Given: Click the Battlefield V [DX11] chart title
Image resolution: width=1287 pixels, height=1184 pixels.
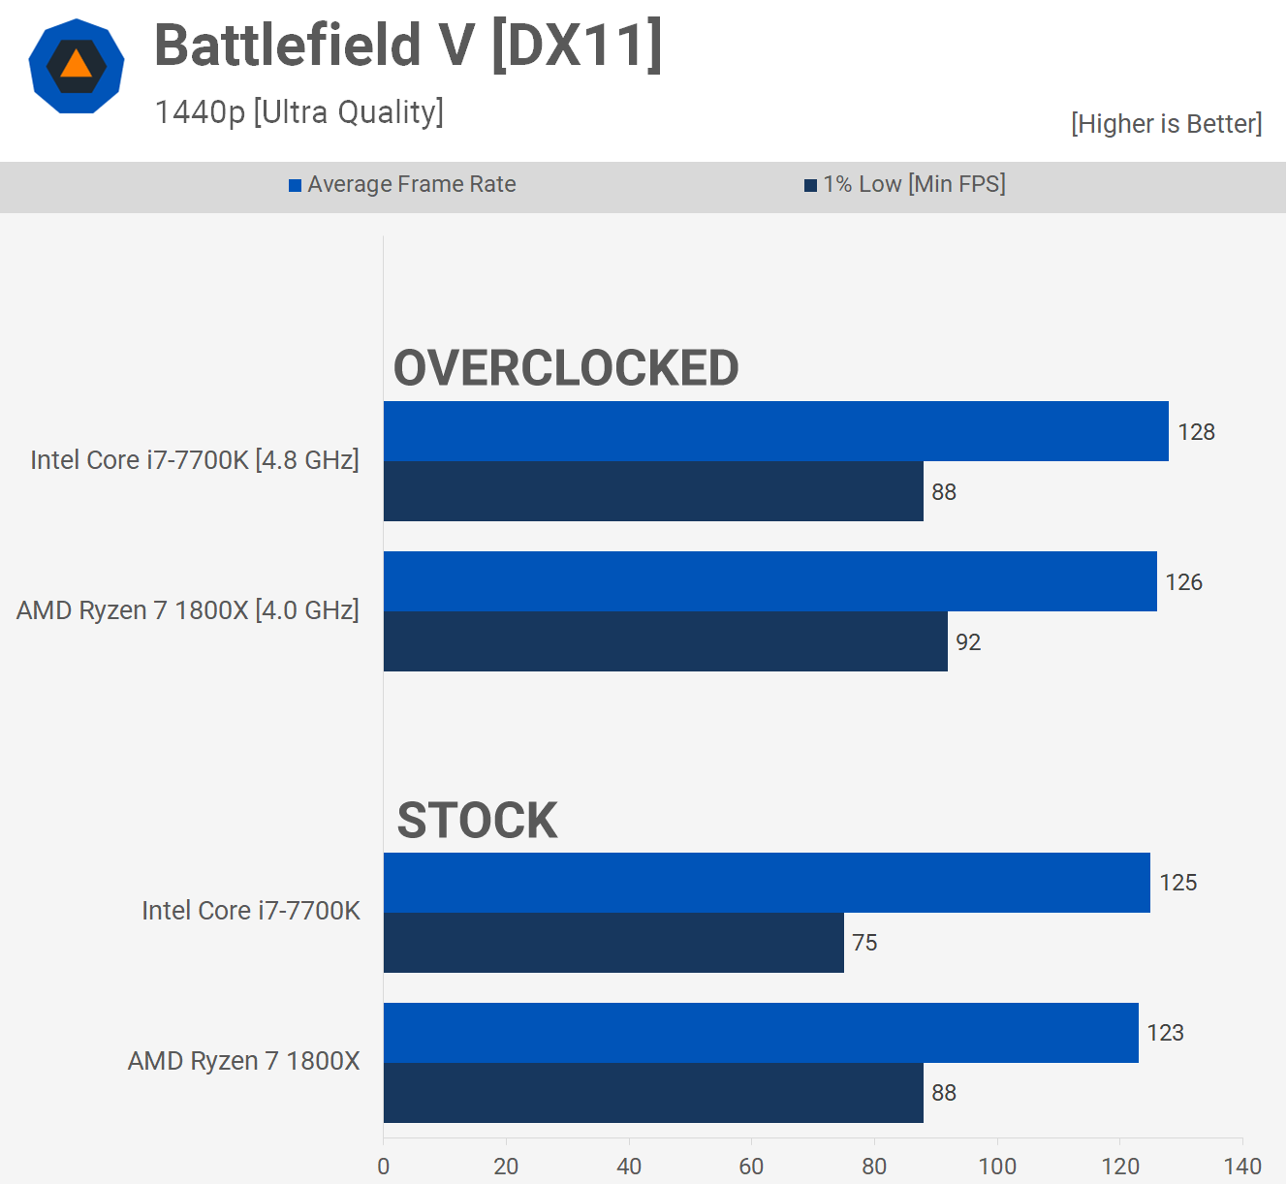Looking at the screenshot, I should pyautogui.click(x=408, y=46).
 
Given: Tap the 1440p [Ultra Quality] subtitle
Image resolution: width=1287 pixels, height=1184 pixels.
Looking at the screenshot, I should pyautogui.click(x=298, y=112).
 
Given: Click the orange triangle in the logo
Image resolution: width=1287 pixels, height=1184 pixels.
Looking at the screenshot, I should pyautogui.click(x=76, y=66).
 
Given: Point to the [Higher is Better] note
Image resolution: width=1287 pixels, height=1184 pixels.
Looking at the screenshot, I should pyautogui.click(x=1166, y=124).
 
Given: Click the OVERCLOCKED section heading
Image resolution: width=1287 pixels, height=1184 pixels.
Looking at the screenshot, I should pyautogui.click(x=566, y=368).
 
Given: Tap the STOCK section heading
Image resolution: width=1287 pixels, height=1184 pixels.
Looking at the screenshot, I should pyautogui.click(x=477, y=821).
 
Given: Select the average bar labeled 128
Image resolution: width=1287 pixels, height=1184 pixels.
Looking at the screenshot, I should pyautogui.click(x=775, y=431).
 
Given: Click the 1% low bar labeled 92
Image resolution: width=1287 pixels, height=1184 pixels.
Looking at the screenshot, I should pyautogui.click(x=665, y=641).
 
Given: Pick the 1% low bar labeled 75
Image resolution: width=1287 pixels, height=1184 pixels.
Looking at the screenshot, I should pyautogui.click(x=613, y=943).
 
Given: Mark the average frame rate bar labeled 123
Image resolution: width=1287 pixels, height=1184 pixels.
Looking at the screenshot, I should pyautogui.click(x=761, y=1033).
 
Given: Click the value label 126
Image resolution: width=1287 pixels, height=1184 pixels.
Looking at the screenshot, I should pyautogui.click(x=1183, y=582).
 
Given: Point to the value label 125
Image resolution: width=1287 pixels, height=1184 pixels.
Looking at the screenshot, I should pyautogui.click(x=1178, y=883).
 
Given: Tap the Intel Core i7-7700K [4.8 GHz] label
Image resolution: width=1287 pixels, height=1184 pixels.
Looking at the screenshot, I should pyautogui.click(x=195, y=460).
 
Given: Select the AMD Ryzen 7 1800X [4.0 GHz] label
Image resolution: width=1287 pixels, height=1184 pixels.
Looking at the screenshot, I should pyautogui.click(x=188, y=610).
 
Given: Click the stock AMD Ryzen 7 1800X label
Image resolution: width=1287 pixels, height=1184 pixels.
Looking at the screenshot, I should pyautogui.click(x=244, y=1061).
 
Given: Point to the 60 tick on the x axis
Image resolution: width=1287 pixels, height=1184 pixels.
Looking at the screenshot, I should pyautogui.click(x=751, y=1167).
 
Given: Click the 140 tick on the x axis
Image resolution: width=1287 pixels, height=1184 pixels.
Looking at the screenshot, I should pyautogui.click(x=1242, y=1167).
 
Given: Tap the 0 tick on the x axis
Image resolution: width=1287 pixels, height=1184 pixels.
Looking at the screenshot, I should pyautogui.click(x=384, y=1167).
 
